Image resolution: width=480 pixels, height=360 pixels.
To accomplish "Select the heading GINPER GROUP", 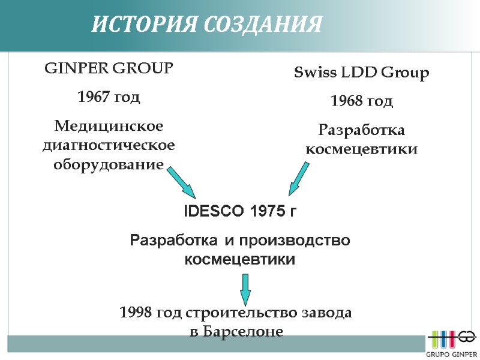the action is pos(109,68).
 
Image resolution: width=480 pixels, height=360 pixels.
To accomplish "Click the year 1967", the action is pos(94,97).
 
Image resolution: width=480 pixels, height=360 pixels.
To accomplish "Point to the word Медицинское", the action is pos(109,127).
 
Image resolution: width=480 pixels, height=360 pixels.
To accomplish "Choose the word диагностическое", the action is pos(109,145).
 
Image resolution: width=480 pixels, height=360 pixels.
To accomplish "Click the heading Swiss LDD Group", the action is pos(362,73).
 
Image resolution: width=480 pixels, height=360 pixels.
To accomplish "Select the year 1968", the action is pos(346,101).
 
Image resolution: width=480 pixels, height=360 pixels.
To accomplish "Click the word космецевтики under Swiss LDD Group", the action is pos(362,149).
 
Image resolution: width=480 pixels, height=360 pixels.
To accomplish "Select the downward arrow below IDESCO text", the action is pos(245,290).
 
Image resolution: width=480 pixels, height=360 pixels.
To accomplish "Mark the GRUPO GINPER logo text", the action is pos(452,354).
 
